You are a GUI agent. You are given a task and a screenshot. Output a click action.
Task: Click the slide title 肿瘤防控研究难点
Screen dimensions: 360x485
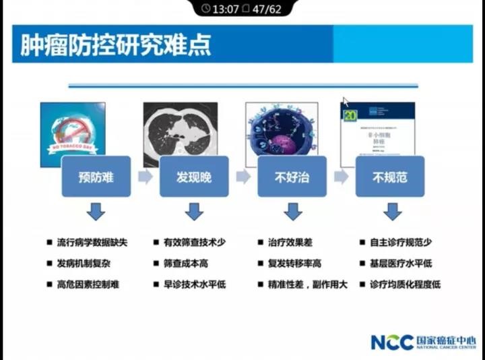point(115,44)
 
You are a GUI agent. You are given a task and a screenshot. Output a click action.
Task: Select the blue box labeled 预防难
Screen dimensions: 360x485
point(96,177)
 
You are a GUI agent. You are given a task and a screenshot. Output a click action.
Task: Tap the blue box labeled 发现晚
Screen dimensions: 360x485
point(193,177)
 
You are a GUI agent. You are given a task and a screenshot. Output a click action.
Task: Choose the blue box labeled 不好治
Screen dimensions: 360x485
point(292,177)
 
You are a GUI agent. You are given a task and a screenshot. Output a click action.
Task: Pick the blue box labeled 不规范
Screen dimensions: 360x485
point(390,177)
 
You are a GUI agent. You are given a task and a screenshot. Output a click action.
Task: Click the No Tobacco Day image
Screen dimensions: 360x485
point(73,128)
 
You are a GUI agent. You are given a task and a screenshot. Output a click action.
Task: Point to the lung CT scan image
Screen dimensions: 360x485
point(180,125)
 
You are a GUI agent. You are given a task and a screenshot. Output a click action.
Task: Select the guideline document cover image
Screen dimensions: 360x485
point(377,128)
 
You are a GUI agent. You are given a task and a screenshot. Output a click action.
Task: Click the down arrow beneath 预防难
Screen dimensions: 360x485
point(96,212)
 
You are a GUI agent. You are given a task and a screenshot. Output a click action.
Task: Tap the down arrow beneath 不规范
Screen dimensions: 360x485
point(391,212)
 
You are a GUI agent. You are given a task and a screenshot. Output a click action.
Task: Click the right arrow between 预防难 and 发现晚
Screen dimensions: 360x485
point(145,177)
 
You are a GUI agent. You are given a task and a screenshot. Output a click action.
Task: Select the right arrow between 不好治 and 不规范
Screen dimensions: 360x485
point(342,177)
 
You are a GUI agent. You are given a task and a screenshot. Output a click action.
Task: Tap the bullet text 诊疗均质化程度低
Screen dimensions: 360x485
point(405,284)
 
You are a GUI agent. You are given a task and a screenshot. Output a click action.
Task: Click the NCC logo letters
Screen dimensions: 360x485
point(391,342)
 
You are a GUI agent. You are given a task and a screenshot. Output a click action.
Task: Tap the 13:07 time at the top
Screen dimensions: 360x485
point(225,9)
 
